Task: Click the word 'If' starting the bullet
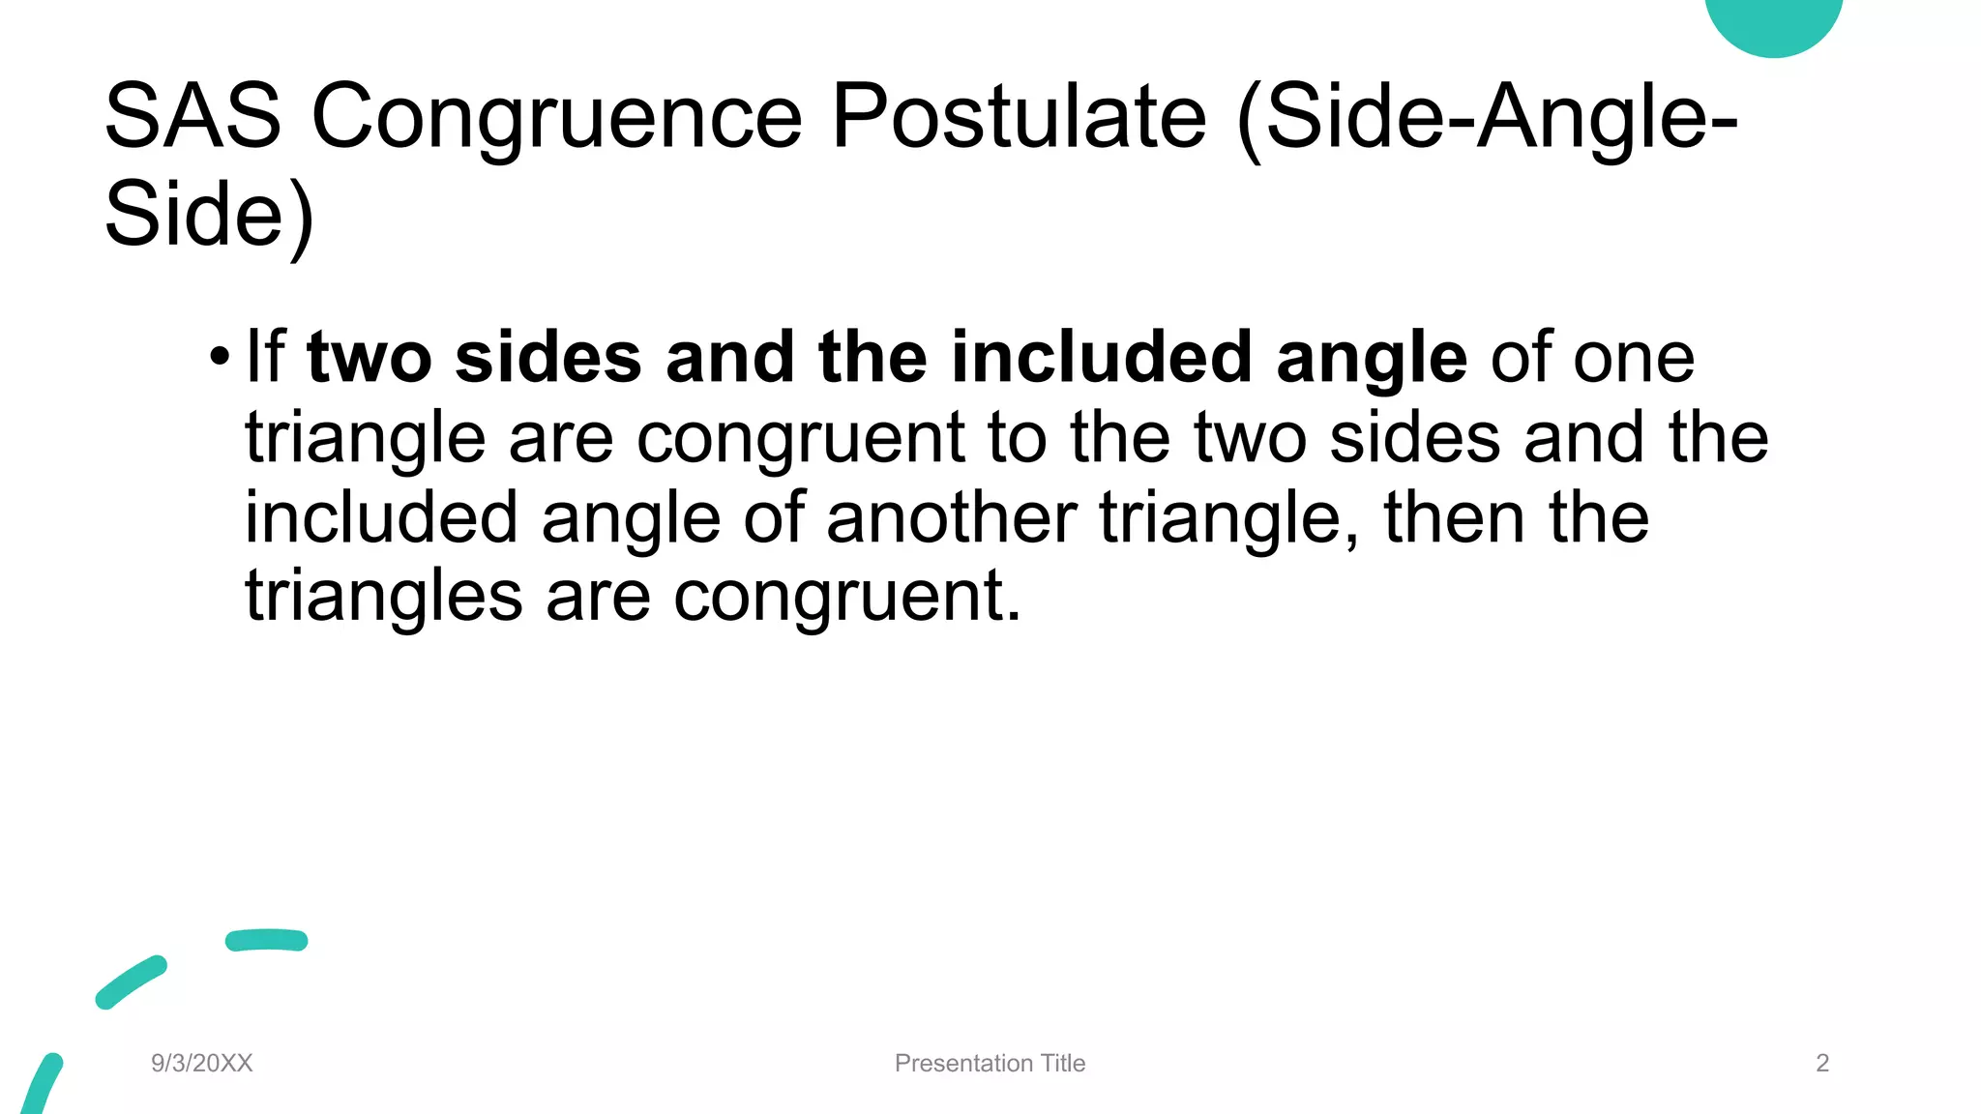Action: click(265, 356)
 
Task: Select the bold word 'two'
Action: click(369, 356)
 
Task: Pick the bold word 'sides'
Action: click(547, 356)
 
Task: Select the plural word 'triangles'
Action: click(383, 597)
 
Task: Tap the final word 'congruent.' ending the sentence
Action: click(846, 597)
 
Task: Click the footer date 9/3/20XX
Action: click(201, 1063)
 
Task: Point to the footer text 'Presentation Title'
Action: click(990, 1063)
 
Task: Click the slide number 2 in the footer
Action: click(1822, 1063)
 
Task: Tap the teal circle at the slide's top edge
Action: click(1773, 21)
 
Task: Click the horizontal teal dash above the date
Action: click(266, 940)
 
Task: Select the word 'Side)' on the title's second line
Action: click(209, 215)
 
